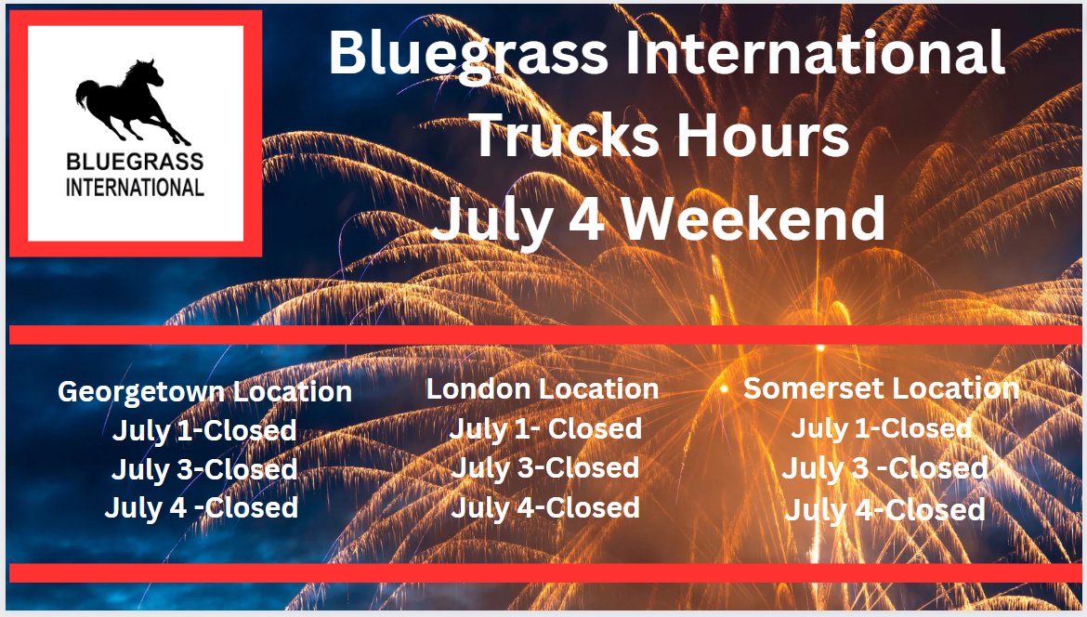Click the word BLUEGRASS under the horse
pos(135,163)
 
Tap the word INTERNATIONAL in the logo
pos(135,188)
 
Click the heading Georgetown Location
pos(204,391)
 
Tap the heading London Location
pos(543,388)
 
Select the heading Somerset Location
pos(881,388)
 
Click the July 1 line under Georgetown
pos(204,430)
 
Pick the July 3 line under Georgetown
pos(204,469)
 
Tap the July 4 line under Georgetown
pos(202,507)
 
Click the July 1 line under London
pos(545,428)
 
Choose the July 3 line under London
pos(545,467)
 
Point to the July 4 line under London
pos(545,507)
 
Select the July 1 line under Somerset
pos(881,428)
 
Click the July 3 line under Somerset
pos(884,468)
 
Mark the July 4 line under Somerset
pos(884,509)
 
